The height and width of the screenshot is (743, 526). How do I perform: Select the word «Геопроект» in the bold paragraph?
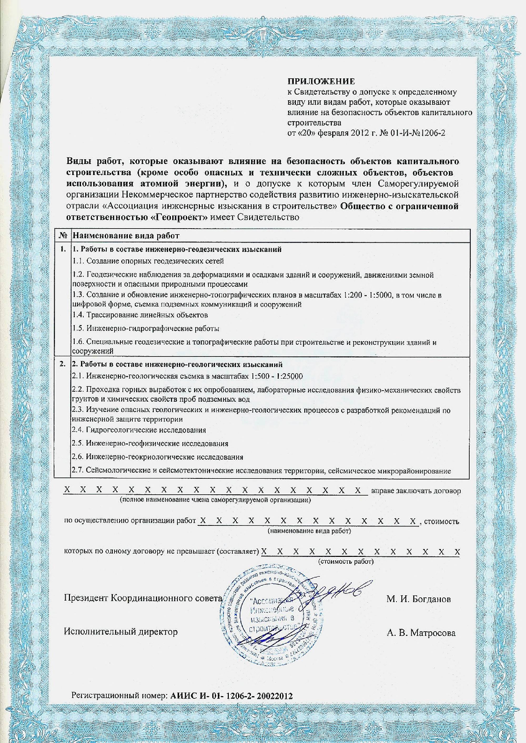click(x=180, y=217)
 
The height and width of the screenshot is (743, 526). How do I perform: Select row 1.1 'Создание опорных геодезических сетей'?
click(x=148, y=261)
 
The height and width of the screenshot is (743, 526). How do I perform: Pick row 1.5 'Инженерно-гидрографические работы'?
click(x=146, y=328)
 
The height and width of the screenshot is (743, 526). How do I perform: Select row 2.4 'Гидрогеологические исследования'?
click(x=139, y=430)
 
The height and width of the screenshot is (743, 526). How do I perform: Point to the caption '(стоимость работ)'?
click(x=346, y=561)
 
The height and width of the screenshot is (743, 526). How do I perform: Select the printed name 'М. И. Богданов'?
click(x=418, y=599)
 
